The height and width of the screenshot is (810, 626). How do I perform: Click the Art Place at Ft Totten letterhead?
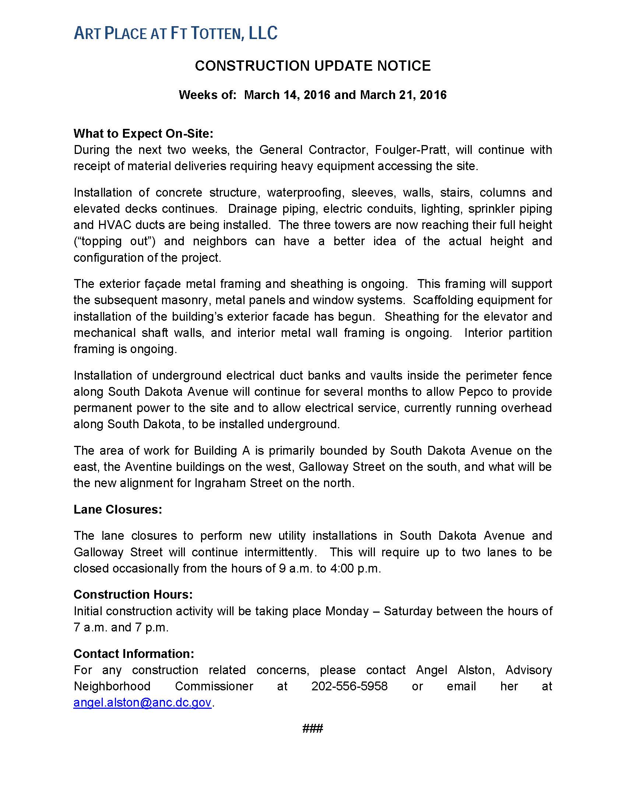click(x=175, y=34)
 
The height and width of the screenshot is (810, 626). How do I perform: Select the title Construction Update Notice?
click(x=313, y=66)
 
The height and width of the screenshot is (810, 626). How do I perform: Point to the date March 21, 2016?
click(x=403, y=95)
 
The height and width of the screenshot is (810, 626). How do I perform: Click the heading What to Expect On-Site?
click(x=144, y=134)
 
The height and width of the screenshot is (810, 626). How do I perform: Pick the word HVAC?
click(x=115, y=225)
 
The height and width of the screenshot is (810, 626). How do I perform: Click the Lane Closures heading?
click(x=118, y=510)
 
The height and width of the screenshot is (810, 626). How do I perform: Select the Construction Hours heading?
click(x=133, y=595)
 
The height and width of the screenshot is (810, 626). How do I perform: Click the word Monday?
click(x=347, y=611)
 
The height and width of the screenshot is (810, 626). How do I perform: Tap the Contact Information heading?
click(x=134, y=654)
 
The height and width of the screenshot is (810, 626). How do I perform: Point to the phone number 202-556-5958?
click(x=349, y=686)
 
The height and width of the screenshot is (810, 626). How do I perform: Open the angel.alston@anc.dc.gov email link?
click(x=143, y=703)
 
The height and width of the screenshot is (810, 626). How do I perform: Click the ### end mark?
click(x=313, y=728)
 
